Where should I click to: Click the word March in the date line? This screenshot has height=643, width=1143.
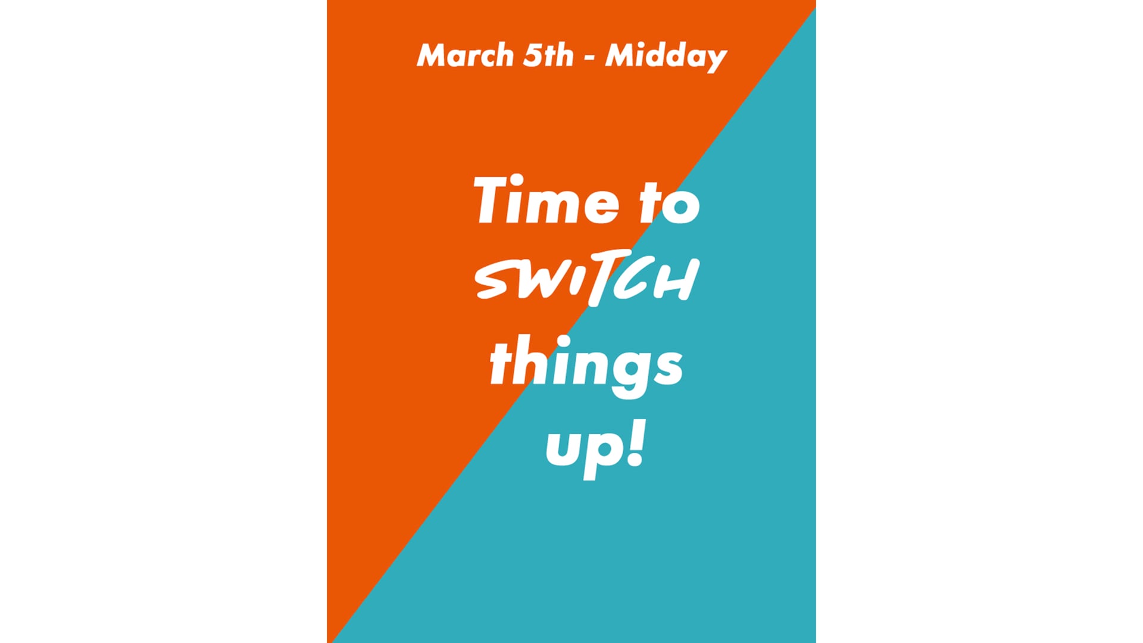465,55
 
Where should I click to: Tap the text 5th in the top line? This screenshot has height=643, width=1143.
548,55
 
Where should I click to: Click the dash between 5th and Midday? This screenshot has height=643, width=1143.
589,58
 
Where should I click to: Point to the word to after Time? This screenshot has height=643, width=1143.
670,203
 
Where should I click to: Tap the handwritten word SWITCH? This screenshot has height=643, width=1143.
586,279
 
